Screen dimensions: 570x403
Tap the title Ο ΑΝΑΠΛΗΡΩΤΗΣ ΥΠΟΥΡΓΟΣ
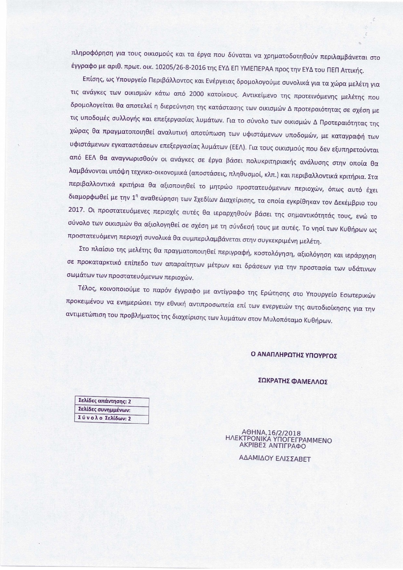tap(293, 355)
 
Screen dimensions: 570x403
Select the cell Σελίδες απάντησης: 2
tap(111, 402)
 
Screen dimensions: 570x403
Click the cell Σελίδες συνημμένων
tap(111, 410)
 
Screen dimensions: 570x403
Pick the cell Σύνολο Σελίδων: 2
tap(111, 419)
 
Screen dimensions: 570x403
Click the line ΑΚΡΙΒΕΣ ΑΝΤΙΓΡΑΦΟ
tap(272, 446)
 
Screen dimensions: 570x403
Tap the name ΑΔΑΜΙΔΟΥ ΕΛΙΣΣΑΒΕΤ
tap(275, 459)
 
